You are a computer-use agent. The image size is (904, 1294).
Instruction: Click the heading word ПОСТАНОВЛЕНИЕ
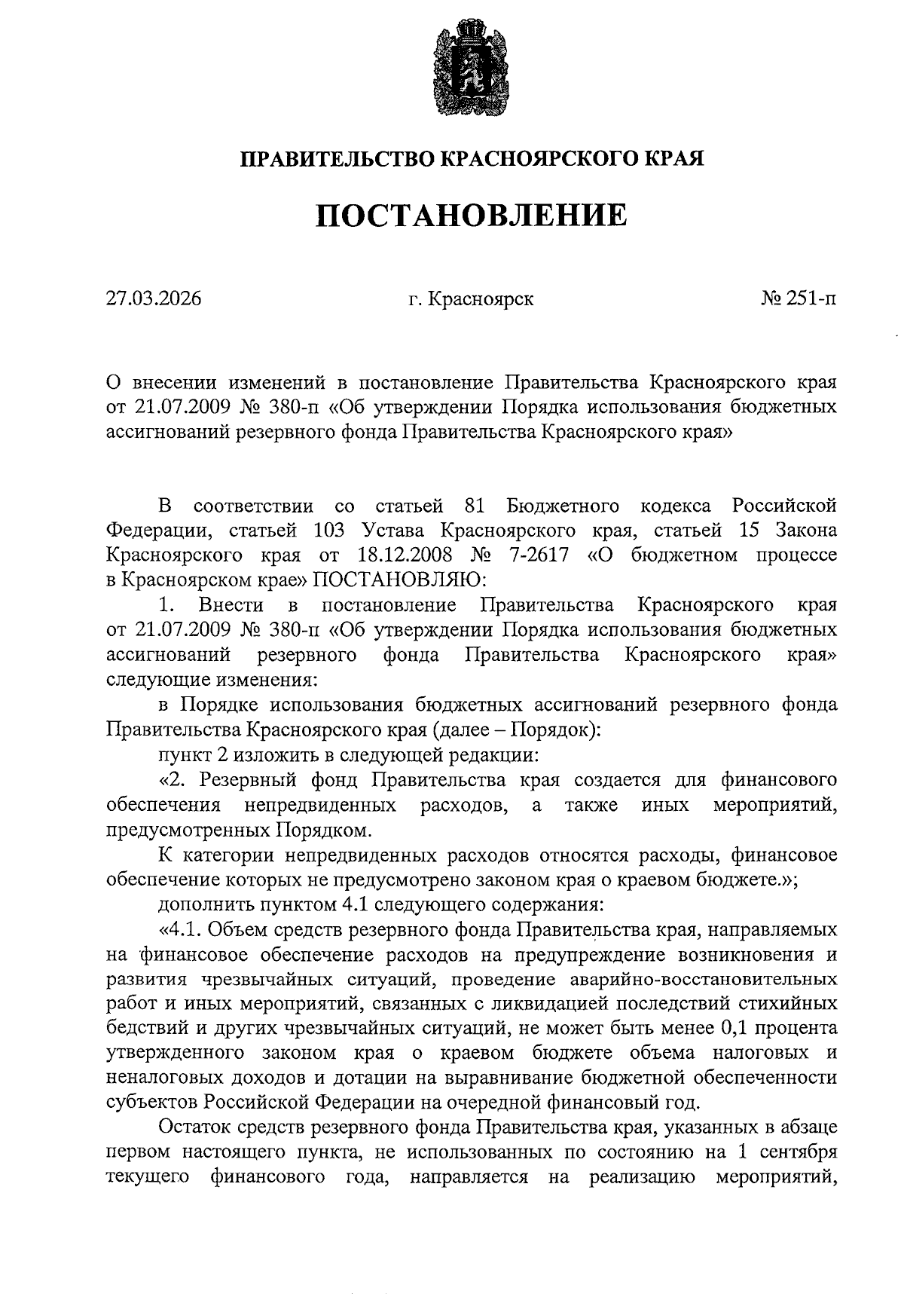tap(471, 215)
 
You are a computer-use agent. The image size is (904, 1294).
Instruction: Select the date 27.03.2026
tap(154, 299)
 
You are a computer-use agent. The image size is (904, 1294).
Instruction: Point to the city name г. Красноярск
tap(471, 299)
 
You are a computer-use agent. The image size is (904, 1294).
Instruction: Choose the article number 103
tap(327, 530)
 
